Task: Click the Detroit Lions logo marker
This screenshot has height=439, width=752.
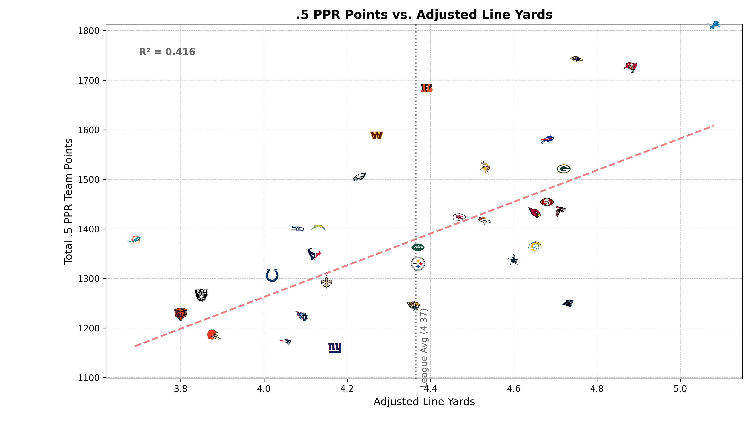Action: point(714,25)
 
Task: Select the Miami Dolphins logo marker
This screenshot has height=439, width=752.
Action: point(135,240)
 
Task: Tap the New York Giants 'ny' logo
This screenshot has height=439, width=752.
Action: point(334,347)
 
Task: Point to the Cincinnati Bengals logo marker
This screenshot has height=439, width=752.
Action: point(426,88)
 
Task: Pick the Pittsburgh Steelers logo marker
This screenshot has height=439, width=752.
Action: point(418,264)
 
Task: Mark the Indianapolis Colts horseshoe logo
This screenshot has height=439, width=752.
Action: point(272,275)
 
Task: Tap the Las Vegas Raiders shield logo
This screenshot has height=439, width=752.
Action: point(201,295)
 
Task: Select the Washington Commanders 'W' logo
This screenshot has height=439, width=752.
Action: point(376,135)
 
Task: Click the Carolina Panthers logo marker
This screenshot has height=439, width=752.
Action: point(568,303)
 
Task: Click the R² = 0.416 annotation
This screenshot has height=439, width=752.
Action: point(167,52)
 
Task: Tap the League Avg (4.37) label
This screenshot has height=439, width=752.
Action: point(424,348)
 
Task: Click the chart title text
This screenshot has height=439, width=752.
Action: point(424,15)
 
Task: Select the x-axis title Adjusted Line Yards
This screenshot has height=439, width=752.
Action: point(424,402)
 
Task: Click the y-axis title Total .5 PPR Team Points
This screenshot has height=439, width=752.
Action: point(68,201)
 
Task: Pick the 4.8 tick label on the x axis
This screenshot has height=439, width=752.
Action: point(597,389)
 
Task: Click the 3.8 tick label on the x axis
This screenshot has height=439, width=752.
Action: point(180,389)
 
